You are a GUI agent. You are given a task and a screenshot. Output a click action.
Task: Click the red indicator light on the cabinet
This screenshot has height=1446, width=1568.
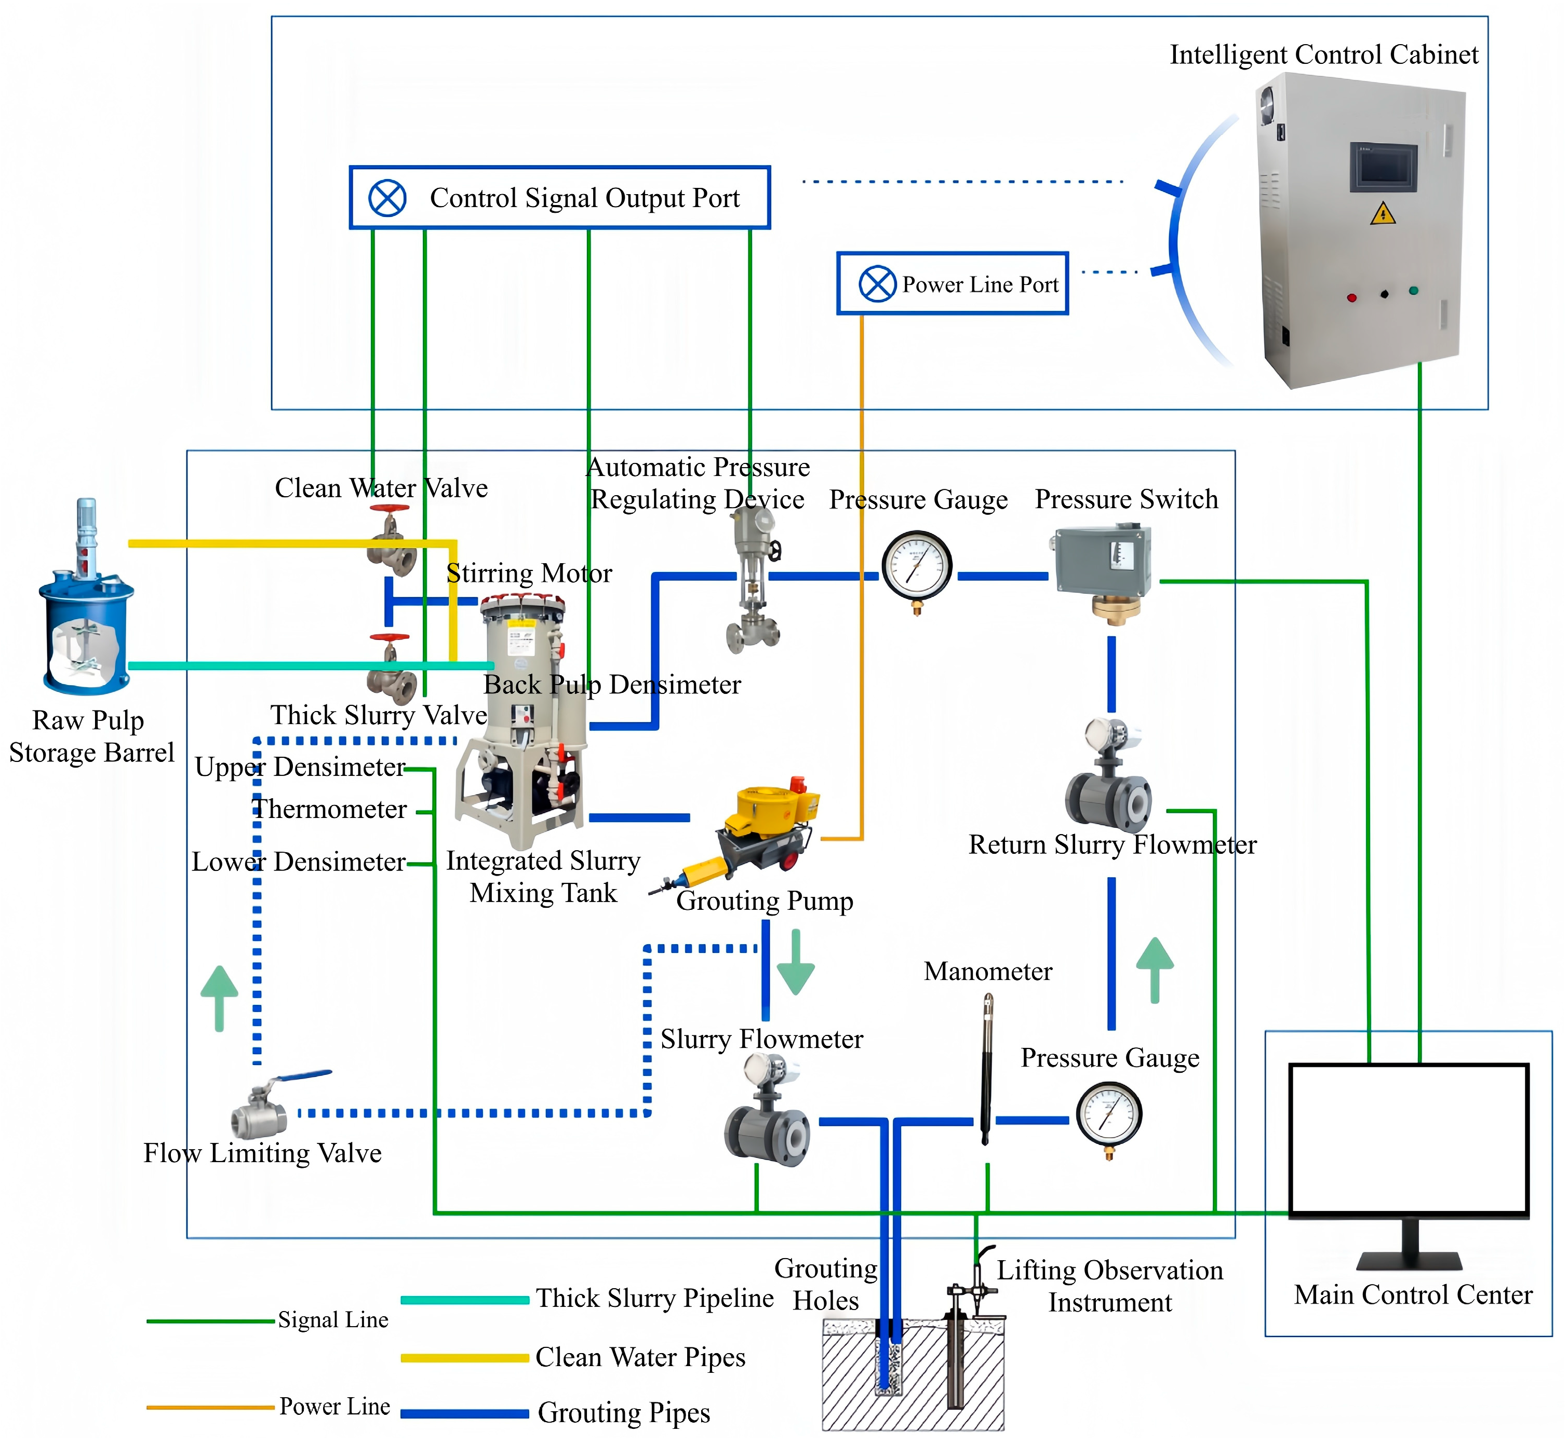pyautogui.click(x=1352, y=297)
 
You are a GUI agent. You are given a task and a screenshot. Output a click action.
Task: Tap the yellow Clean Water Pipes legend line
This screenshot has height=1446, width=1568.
pyautogui.click(x=464, y=1358)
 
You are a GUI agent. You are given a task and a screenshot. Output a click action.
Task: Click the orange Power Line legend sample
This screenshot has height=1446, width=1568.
pyautogui.click(x=210, y=1407)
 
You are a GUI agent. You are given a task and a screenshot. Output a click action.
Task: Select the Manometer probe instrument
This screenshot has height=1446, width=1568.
pyautogui.click(x=987, y=1068)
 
